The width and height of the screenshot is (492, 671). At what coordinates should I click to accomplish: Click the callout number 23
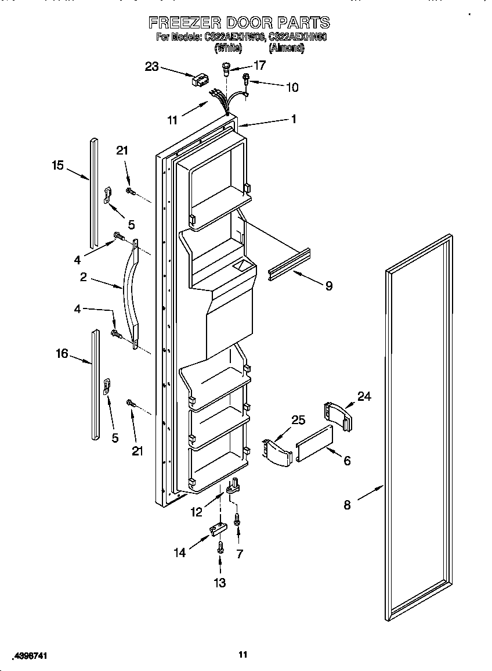click(151, 67)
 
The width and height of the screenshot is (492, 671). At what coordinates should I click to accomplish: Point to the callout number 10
click(292, 87)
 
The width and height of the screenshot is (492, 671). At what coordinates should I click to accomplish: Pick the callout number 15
click(57, 166)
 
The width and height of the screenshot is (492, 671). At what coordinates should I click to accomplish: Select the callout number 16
click(62, 353)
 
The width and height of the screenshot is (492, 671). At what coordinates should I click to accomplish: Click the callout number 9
click(328, 286)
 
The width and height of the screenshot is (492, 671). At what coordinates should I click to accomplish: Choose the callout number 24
click(364, 396)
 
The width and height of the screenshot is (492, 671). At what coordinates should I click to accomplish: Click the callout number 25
click(298, 419)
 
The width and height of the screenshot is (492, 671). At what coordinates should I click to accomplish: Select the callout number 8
click(347, 505)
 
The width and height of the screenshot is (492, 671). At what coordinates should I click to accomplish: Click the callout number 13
click(220, 583)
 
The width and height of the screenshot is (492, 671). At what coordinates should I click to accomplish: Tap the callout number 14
click(180, 552)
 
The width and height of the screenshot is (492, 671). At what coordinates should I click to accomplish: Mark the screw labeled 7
click(237, 521)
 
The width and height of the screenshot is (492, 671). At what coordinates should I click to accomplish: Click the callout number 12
click(197, 512)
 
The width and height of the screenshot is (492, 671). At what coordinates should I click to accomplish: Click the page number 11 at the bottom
click(243, 655)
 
